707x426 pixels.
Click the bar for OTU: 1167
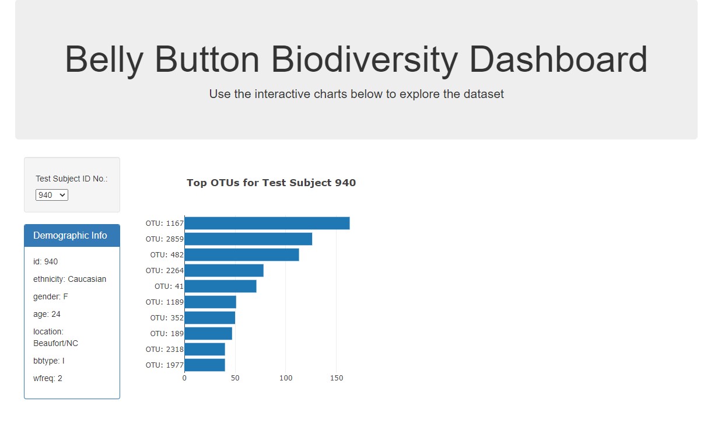[x=267, y=224]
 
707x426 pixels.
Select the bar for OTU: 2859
[x=249, y=239]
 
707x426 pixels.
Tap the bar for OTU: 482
[x=242, y=255]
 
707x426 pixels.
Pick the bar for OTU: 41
[x=220, y=286]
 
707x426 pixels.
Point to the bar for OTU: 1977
[x=205, y=365]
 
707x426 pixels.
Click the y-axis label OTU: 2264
[x=164, y=271]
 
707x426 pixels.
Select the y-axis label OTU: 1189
[x=164, y=302]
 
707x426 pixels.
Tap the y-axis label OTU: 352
[x=167, y=317]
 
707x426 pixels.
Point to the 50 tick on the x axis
[x=235, y=378]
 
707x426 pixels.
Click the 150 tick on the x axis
[x=337, y=378]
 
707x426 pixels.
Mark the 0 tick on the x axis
[x=184, y=378]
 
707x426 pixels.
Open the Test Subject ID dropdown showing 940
[x=52, y=195]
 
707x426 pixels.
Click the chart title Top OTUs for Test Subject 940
[x=271, y=183]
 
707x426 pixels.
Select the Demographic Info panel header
[x=72, y=236]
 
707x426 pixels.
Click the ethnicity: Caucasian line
[x=70, y=279]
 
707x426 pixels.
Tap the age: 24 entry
[x=47, y=314]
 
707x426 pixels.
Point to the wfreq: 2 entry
[x=48, y=378]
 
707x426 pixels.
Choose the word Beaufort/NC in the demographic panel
[x=55, y=343]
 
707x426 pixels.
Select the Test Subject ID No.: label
[x=72, y=179]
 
